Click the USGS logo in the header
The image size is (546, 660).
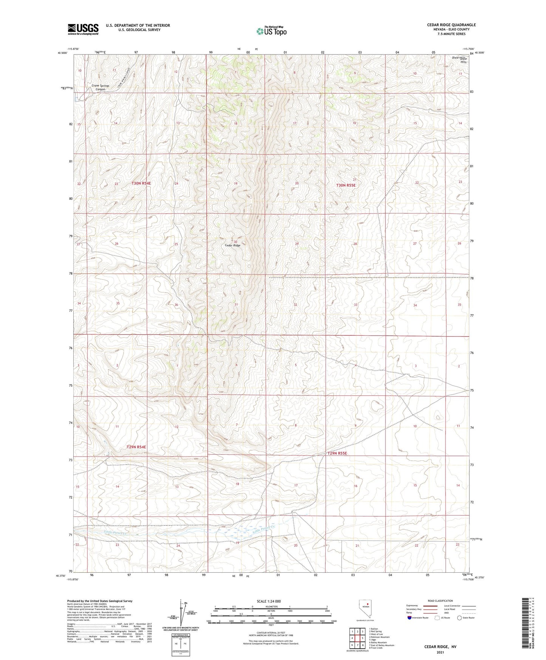[83, 29]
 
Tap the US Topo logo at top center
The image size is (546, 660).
[271, 31]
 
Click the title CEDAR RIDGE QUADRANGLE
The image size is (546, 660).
[451, 25]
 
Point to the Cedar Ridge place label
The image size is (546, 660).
[232, 245]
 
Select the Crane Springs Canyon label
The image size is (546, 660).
[100, 87]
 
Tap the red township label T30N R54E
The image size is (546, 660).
[141, 183]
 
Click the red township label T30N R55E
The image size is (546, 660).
[346, 185]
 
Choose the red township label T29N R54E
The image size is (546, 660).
[136, 447]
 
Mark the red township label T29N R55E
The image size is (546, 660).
[337, 453]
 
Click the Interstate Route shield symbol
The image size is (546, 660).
[410, 618]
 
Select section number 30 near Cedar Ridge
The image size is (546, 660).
[235, 242]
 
